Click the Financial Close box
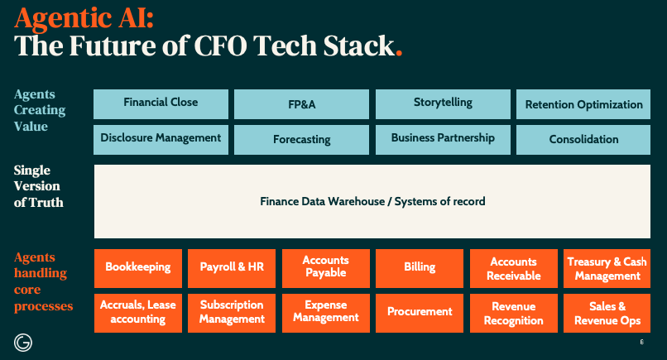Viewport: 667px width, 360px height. point(161,103)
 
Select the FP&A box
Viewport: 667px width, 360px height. point(301,105)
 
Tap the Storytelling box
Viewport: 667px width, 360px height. point(443,103)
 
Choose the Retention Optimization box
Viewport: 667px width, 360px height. point(583,105)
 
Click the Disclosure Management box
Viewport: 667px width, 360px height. point(161,138)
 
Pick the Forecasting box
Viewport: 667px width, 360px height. point(301,140)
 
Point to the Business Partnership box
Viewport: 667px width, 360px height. point(443,138)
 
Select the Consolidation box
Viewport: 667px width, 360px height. point(583,140)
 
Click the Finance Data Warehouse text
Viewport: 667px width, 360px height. point(372,201)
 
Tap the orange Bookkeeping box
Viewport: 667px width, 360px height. point(137,267)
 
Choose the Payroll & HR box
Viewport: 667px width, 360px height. point(231,267)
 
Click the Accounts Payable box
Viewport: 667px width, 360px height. point(325,267)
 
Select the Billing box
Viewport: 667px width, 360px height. point(420,267)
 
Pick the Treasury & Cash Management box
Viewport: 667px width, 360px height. point(607,268)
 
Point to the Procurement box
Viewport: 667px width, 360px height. point(420,312)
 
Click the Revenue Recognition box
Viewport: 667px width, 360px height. point(513,313)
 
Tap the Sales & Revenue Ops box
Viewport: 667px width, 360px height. point(607,313)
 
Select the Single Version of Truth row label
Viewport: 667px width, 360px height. point(39,186)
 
